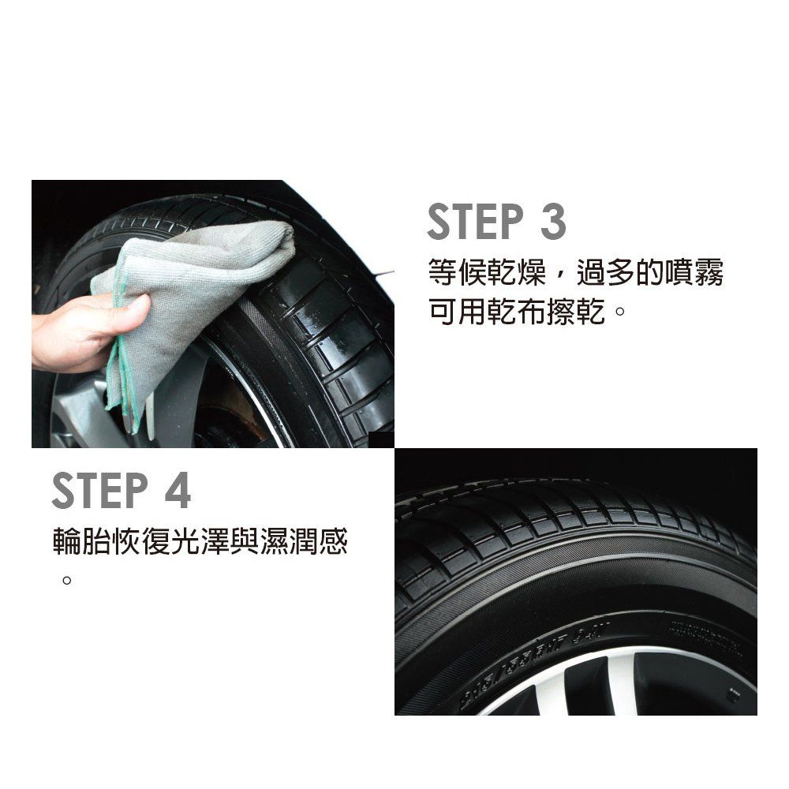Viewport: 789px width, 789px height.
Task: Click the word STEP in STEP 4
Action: coord(99,490)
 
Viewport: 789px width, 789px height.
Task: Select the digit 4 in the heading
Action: coord(178,490)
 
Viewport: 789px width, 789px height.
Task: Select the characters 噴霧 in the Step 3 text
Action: coord(694,273)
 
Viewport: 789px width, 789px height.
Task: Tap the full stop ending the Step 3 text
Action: coord(620,310)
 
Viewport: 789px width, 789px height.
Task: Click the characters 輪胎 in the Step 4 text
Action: coord(82,542)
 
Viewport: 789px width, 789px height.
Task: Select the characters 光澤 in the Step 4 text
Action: coord(200,542)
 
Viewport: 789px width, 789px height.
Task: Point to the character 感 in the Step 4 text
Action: coord(333,542)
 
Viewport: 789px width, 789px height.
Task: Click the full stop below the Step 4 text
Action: coord(66,580)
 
